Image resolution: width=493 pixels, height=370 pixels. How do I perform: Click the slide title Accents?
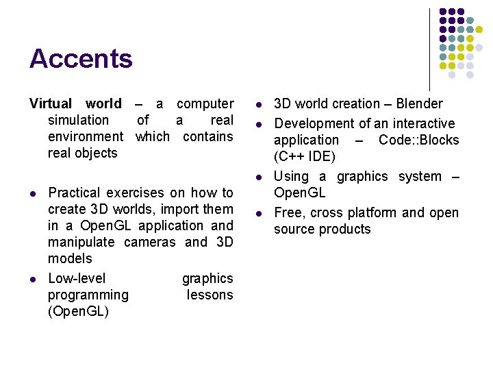point(81,59)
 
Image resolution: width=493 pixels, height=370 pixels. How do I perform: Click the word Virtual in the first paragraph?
point(50,104)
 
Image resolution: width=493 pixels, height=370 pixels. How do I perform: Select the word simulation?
point(78,121)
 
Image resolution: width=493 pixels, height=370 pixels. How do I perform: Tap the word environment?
point(86,137)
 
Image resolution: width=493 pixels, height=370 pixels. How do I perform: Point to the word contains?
point(207,137)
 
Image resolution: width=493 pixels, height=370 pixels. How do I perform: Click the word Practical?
point(73,193)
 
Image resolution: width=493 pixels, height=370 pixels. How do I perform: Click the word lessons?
point(210,295)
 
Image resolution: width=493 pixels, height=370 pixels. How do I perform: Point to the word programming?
point(88,295)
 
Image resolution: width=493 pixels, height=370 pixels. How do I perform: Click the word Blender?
point(420,104)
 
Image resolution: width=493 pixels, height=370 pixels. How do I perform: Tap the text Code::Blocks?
point(418,140)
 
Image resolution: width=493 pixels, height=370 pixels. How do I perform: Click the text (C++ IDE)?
point(305,157)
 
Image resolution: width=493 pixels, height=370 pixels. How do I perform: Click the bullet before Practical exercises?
point(32,194)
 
